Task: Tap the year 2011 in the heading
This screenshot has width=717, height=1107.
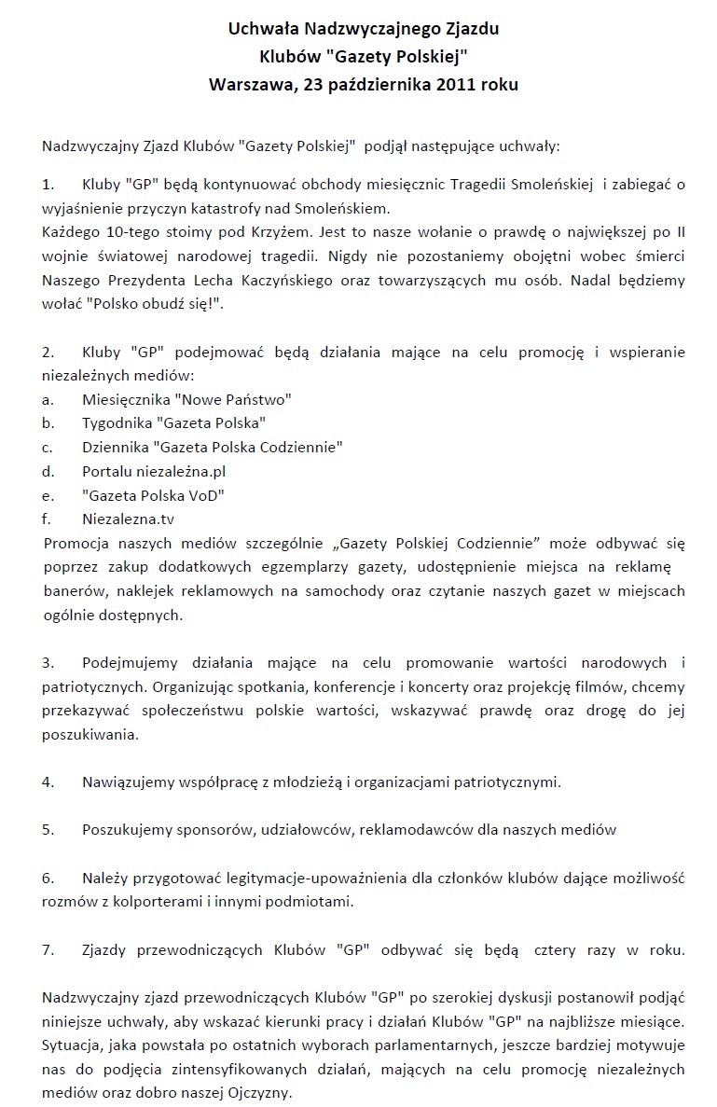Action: (462, 84)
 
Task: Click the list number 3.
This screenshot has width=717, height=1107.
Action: (48, 663)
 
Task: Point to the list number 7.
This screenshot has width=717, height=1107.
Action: (48, 950)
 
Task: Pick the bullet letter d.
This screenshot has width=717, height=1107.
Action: (47, 471)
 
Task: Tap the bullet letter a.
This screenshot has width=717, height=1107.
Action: (47, 398)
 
